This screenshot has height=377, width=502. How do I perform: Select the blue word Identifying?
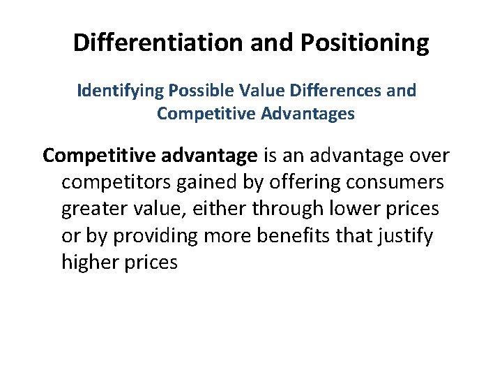(x=117, y=91)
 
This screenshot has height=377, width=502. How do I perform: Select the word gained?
(x=201, y=182)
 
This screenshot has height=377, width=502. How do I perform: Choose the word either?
(x=222, y=209)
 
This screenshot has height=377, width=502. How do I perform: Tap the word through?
(x=286, y=209)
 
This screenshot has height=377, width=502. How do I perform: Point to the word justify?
(x=407, y=236)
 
